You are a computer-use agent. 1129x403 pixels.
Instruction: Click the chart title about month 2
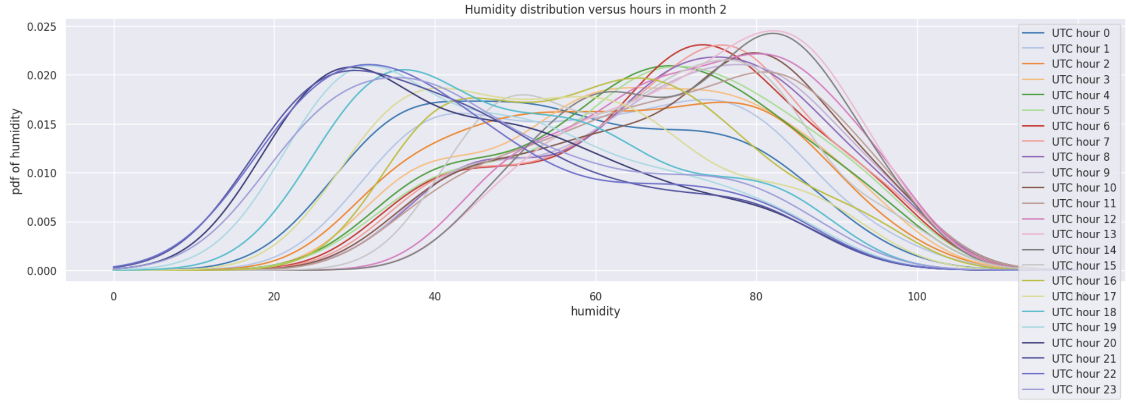click(595, 9)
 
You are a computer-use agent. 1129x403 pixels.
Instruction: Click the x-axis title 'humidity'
click(595, 311)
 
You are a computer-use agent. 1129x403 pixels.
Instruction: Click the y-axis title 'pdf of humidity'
click(16, 151)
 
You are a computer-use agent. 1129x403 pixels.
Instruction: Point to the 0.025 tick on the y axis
click(41, 27)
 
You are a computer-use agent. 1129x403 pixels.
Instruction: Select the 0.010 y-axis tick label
click(41, 174)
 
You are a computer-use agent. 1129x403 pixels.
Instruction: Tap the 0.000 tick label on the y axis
click(41, 271)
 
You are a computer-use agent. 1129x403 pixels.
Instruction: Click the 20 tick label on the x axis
click(274, 297)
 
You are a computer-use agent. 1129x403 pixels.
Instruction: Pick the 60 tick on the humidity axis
click(595, 297)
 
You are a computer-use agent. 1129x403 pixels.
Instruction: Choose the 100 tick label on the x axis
click(917, 297)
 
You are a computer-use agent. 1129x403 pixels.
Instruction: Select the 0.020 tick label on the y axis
click(41, 76)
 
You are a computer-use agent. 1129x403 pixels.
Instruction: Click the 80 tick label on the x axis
click(756, 297)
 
